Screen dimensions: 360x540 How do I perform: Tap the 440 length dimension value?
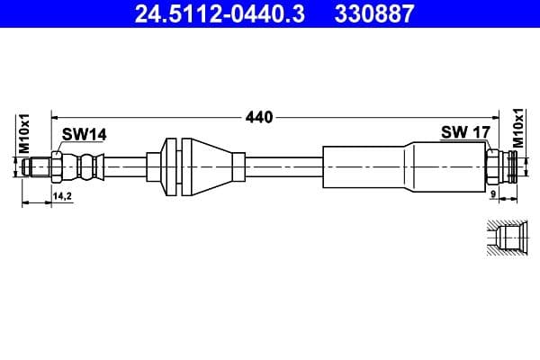(x=258, y=116)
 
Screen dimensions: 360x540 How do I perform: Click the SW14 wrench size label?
(x=84, y=134)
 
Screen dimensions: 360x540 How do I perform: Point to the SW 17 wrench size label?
(x=464, y=132)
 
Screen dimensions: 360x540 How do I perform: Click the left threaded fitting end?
(x=38, y=166)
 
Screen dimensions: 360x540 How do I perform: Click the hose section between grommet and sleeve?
(x=283, y=166)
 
